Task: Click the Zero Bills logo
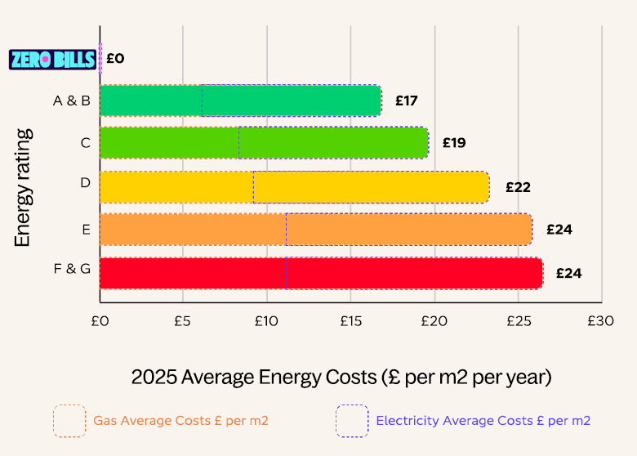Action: click(52, 59)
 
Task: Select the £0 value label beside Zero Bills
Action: click(115, 59)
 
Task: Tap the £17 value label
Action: click(407, 101)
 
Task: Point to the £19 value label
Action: click(454, 143)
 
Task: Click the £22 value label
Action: click(518, 186)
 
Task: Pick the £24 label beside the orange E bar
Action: click(559, 230)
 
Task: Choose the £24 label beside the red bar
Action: click(568, 273)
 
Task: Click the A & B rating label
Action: click(72, 101)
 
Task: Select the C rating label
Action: click(85, 143)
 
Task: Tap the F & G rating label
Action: click(72, 268)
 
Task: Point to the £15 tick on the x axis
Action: click(350, 321)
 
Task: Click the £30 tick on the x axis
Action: click(600, 321)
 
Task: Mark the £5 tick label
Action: click(182, 321)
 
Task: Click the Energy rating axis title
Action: click(23, 186)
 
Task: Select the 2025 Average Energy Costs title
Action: click(341, 378)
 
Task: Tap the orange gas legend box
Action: click(69, 421)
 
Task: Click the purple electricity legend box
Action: click(352, 421)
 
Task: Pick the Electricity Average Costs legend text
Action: click(483, 421)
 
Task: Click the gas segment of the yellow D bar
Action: click(176, 187)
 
